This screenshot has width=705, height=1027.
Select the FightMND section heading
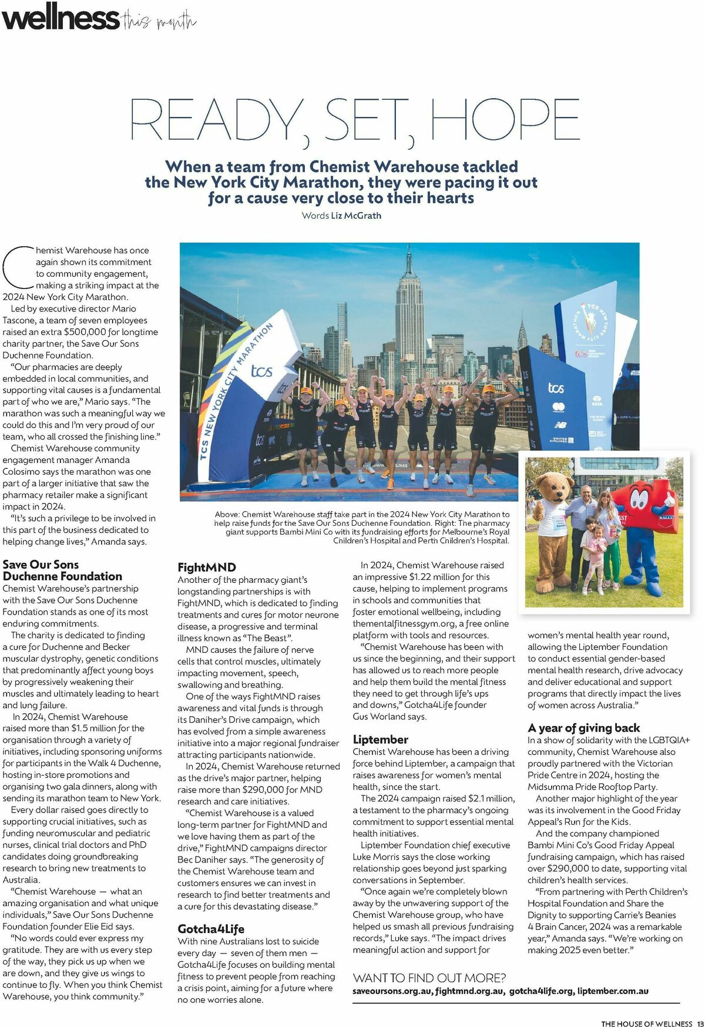click(207, 567)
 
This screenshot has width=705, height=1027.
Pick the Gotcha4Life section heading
click(211, 929)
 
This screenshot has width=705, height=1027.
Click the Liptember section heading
click(380, 739)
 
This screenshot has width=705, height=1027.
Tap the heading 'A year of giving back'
click(583, 727)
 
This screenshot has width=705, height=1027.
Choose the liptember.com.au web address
click(613, 991)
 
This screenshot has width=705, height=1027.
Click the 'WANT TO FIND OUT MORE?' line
click(429, 978)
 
